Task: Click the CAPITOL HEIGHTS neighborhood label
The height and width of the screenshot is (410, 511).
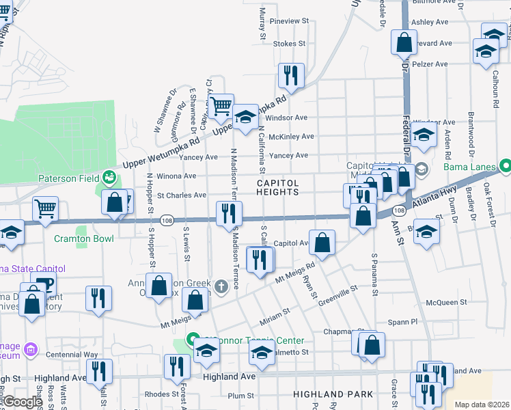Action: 278,187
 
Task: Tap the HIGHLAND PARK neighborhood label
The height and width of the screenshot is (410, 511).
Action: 333,394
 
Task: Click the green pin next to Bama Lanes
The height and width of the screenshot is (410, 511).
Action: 505,166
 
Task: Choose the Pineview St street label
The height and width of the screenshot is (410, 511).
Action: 289,21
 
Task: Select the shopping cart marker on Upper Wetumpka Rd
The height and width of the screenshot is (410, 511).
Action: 221,107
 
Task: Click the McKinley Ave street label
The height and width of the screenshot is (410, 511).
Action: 291,137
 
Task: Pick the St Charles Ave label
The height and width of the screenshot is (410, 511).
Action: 182,195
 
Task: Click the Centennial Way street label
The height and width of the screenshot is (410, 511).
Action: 72,355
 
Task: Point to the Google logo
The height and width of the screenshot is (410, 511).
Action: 23,402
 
